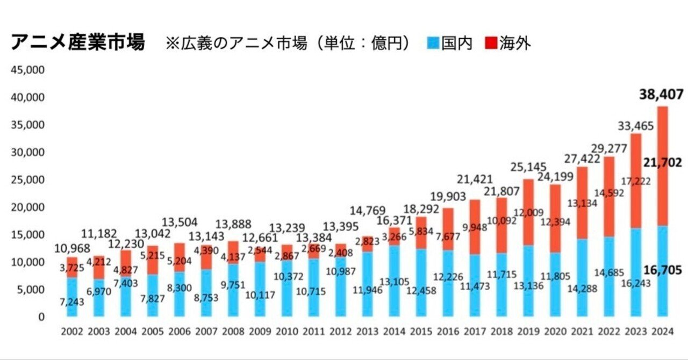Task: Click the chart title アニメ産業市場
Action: click(x=78, y=42)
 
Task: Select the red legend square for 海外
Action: click(x=491, y=42)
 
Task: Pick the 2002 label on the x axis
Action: click(x=73, y=332)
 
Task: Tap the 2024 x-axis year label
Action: click(x=663, y=332)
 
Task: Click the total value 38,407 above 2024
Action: click(x=661, y=95)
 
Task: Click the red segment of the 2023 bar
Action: click(x=636, y=177)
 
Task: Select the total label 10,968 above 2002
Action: click(x=73, y=248)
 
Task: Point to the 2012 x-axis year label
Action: click(x=341, y=332)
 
